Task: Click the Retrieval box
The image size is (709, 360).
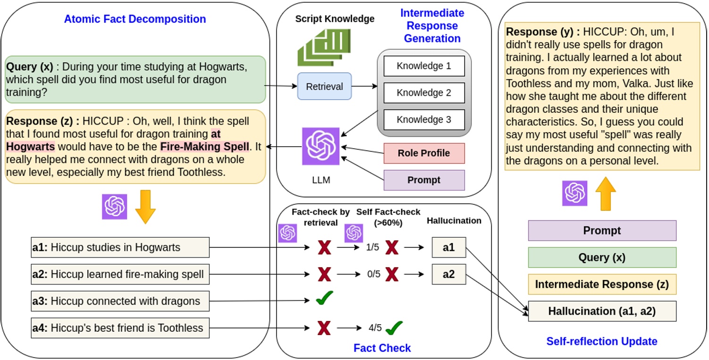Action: point(324,86)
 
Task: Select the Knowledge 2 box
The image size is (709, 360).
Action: point(424,93)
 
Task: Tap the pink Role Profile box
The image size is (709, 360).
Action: point(424,153)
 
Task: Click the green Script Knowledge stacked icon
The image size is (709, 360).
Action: point(324,47)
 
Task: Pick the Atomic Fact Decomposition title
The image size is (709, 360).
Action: point(135,19)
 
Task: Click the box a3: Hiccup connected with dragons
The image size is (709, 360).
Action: point(120,301)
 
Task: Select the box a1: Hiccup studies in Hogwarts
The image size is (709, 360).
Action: point(120,247)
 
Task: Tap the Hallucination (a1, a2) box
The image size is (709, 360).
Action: point(602,311)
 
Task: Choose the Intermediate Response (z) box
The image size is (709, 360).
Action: point(602,285)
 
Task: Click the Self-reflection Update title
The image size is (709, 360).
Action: point(602,341)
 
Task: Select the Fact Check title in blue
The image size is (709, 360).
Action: point(382,348)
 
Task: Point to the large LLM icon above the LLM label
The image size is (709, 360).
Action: point(321,146)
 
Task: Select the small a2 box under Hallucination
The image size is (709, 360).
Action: point(448,274)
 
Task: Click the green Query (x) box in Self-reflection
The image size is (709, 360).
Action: point(602,258)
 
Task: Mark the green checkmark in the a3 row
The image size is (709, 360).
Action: point(324,298)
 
